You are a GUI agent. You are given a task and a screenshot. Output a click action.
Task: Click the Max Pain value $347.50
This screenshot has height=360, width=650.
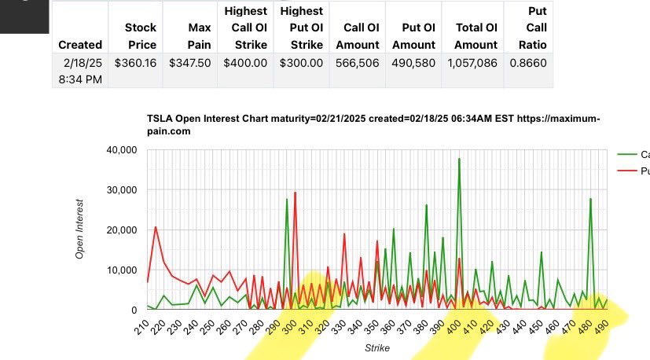tap(190, 63)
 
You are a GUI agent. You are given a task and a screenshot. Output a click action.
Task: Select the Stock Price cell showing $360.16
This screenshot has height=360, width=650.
tap(136, 63)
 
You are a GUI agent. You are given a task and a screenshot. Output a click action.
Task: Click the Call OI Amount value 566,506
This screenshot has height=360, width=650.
tap(358, 63)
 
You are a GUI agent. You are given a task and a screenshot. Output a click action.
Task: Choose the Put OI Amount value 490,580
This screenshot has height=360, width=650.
tap(413, 63)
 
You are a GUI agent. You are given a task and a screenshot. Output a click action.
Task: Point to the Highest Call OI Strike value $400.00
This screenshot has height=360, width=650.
tap(245, 63)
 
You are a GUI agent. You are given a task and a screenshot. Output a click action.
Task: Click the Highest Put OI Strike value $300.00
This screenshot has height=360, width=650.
tap(302, 63)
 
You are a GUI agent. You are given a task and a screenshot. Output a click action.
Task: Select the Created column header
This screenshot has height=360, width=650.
tap(79, 45)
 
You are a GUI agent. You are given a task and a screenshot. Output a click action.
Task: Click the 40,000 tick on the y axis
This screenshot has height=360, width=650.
tap(121, 150)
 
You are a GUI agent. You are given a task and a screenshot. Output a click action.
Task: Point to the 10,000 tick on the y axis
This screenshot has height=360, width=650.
tap(121, 270)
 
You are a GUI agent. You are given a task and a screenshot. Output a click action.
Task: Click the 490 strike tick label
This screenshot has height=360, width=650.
tap(601, 328)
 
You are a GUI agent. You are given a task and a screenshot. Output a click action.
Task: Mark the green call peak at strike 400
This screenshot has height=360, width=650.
tap(459, 159)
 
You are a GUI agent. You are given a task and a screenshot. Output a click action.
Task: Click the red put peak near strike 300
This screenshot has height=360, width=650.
tap(295, 193)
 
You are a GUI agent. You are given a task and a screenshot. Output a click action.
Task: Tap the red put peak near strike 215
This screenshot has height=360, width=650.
tap(156, 227)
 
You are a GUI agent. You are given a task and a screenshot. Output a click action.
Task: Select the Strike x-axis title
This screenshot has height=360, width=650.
tap(376, 347)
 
